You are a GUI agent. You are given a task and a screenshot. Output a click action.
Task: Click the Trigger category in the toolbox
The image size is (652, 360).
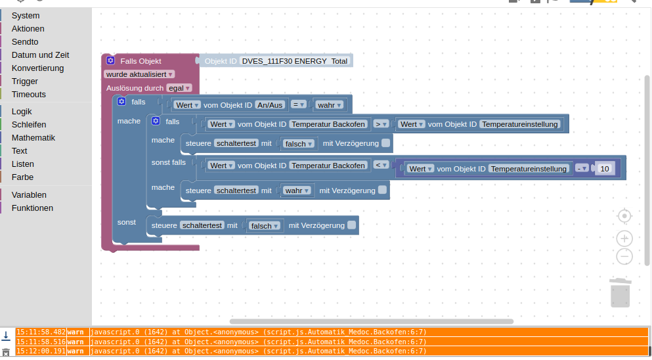pos(24,81)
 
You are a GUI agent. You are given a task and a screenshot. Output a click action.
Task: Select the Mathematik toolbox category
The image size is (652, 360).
pos(33,138)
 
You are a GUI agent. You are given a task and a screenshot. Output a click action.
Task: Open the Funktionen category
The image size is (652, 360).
pos(32,208)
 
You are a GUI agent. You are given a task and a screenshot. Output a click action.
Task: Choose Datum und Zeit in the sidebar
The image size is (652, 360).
pos(40,55)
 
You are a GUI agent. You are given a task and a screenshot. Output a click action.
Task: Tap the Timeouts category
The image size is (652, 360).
pos(28,95)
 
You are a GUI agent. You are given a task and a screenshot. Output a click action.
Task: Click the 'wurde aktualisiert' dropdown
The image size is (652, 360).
pos(139,74)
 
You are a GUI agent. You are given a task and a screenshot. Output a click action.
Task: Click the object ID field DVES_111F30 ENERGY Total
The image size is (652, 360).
pos(295,61)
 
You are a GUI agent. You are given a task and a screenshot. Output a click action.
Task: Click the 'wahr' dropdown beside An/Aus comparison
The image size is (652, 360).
pos(329,104)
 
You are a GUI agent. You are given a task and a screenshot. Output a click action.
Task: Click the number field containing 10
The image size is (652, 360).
pos(605,169)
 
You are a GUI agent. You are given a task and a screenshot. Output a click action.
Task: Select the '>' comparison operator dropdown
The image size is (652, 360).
pos(381,124)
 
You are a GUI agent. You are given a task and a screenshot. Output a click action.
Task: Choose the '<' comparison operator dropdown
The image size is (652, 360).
pos(381,166)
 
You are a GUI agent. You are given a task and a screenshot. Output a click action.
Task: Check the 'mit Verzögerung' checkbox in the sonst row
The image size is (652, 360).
pos(352,225)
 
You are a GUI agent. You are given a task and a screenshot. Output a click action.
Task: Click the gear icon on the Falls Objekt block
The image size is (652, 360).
pos(110,61)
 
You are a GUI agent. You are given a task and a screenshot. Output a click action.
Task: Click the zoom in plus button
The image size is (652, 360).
pos(624,238)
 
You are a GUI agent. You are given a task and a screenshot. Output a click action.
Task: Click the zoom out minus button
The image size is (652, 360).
pos(624,256)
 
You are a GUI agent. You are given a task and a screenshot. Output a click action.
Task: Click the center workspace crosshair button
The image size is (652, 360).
pos(624,216)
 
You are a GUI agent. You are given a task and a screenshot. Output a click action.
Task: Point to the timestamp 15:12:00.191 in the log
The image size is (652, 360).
pos(41,351)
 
